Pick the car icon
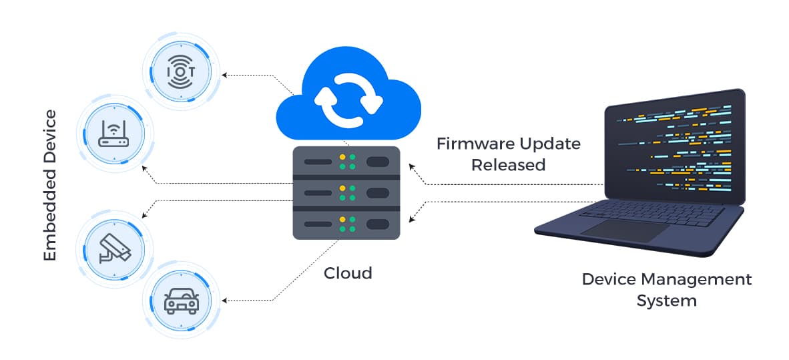coord(181,299)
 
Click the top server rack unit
coord(346,162)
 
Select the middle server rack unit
coord(346,193)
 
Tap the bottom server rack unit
coord(346,224)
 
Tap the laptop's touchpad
coord(624,231)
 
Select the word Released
coord(508,165)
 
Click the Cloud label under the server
coord(348,273)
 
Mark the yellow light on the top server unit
coord(343,158)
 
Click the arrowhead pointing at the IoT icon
coord(225,75)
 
